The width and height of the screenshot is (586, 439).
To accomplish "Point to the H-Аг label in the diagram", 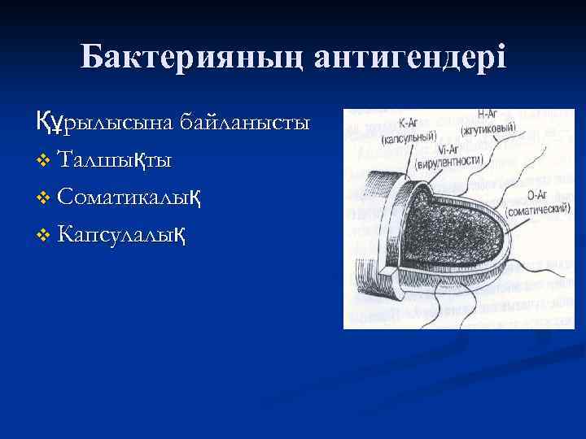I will (488, 116).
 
